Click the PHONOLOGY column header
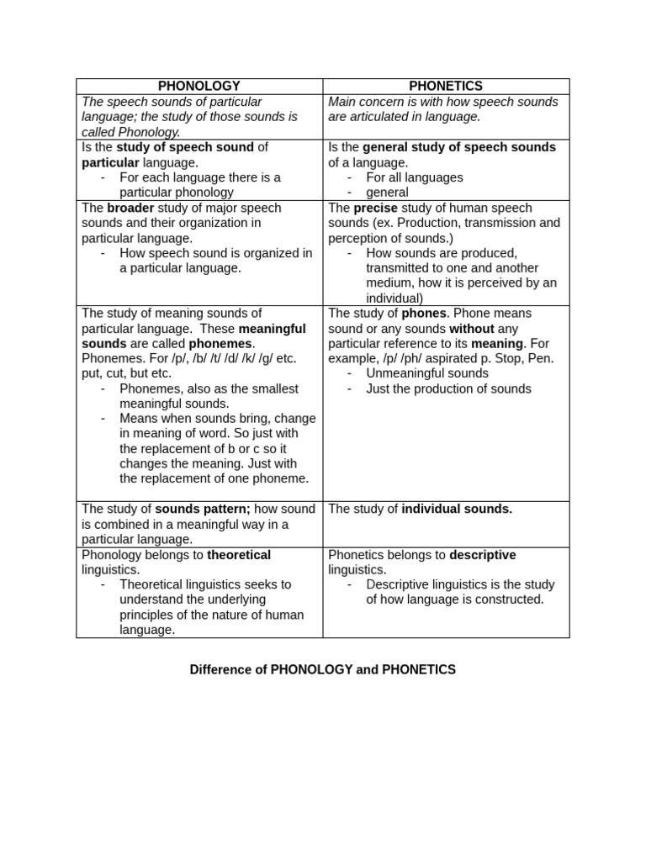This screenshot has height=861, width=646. [199, 86]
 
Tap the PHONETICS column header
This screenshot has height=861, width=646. [446, 86]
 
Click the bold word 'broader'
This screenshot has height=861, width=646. [131, 208]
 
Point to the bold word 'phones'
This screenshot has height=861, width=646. [423, 313]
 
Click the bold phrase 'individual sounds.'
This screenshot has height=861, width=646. [457, 509]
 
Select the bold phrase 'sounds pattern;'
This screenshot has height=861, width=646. [203, 509]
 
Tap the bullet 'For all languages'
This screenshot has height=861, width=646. [414, 177]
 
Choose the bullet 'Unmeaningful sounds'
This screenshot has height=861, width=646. [426, 373]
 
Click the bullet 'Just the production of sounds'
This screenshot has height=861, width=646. [448, 388]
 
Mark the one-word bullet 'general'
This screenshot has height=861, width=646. [387, 193]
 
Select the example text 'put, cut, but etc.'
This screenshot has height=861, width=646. [126, 373]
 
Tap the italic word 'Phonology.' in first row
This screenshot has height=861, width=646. [131, 132]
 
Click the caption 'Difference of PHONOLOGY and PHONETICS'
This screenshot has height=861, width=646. [322, 669]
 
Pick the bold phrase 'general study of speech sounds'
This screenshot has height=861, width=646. [459, 147]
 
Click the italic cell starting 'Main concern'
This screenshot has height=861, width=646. [442, 109]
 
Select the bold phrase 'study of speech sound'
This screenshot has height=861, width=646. [185, 147]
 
